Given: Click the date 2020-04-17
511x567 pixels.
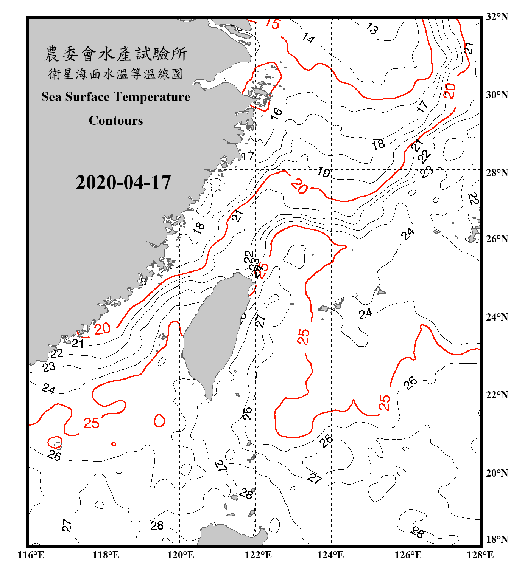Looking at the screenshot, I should (x=123, y=183).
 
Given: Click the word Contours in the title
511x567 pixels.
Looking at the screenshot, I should (x=116, y=121).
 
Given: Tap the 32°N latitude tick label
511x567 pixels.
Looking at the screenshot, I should (x=497, y=17).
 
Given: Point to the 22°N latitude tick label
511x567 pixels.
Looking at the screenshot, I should (x=497, y=395).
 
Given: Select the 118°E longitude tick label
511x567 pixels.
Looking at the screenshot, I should (x=106, y=555).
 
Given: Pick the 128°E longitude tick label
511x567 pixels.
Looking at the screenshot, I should (x=480, y=555).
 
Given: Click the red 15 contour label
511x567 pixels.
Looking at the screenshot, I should (x=272, y=23).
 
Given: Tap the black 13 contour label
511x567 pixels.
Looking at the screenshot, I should (x=372, y=28).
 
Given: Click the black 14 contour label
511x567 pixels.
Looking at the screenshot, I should (x=308, y=38).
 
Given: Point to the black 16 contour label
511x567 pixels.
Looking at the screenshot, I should (x=277, y=113).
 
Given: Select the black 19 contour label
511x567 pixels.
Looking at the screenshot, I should (x=324, y=172).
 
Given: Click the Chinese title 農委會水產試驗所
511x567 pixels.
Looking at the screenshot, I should (x=116, y=54).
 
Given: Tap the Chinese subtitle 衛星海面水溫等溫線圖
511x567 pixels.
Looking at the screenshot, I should (x=115, y=74).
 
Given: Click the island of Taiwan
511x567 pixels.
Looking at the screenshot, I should (x=214, y=333).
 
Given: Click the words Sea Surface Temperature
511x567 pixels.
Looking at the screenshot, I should (x=116, y=97).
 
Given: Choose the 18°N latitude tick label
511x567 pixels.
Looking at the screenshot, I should (x=497, y=539).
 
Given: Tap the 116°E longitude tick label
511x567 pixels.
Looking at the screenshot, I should (x=31, y=555).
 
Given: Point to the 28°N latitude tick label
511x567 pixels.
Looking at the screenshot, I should (x=497, y=173).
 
